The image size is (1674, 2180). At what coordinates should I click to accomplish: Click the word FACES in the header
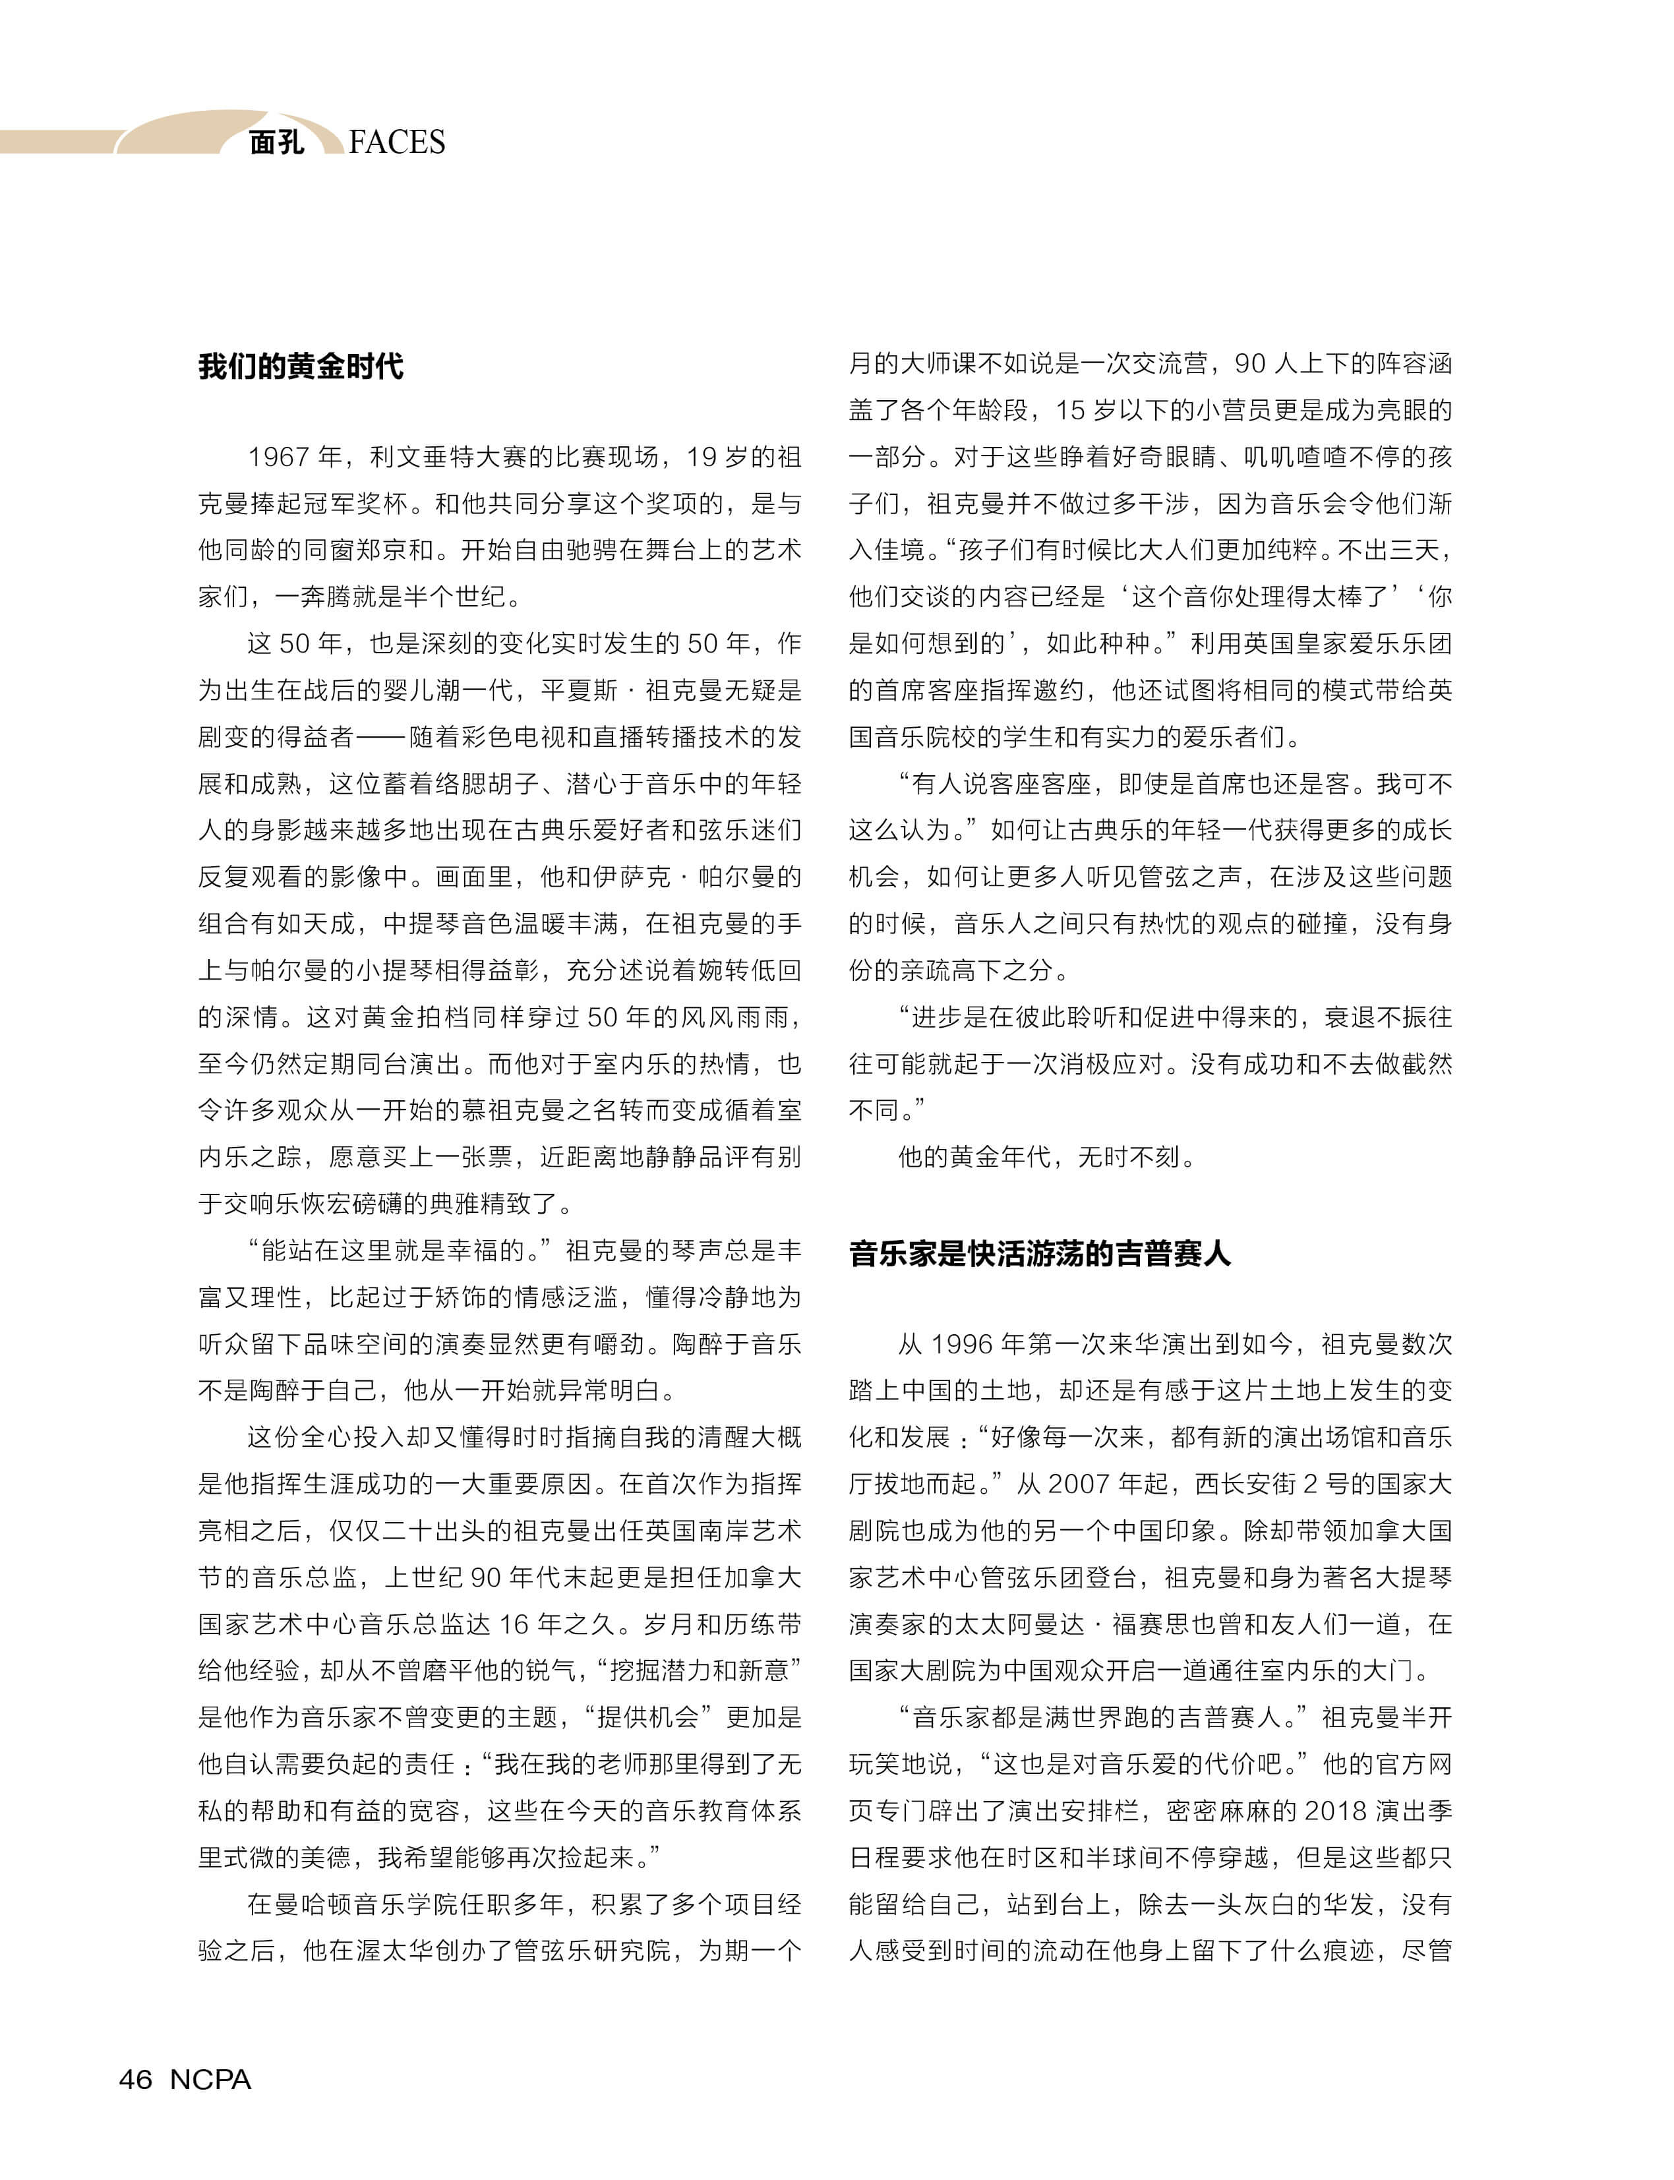click(397, 142)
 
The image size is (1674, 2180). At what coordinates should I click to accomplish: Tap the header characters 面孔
click(276, 142)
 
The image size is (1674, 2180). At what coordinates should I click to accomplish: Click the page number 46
click(136, 2079)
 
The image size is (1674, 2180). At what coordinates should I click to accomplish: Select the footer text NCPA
click(210, 2079)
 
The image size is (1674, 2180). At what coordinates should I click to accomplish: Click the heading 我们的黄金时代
click(300, 366)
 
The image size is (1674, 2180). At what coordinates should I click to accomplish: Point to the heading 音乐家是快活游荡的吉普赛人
click(1039, 1252)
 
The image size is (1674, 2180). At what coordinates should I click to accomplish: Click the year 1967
click(278, 457)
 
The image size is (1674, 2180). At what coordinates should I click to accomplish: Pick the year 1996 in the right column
click(961, 1344)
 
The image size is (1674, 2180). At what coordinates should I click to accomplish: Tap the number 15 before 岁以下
click(1070, 411)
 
